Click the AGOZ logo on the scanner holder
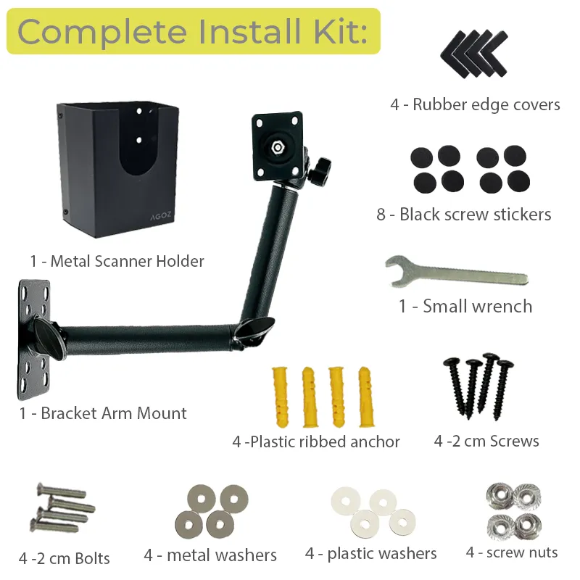(x=161, y=216)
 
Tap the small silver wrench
(x=457, y=273)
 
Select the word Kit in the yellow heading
(x=341, y=31)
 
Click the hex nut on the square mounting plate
(x=277, y=148)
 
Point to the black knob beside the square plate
(x=320, y=170)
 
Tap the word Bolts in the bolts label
(x=92, y=558)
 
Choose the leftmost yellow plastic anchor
(x=280, y=397)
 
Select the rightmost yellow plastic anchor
(x=366, y=397)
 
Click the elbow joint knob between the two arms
(x=256, y=328)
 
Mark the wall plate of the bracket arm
(x=33, y=339)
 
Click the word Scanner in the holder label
(x=123, y=261)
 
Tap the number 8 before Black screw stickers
(x=381, y=215)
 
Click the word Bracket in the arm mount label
(x=69, y=413)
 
